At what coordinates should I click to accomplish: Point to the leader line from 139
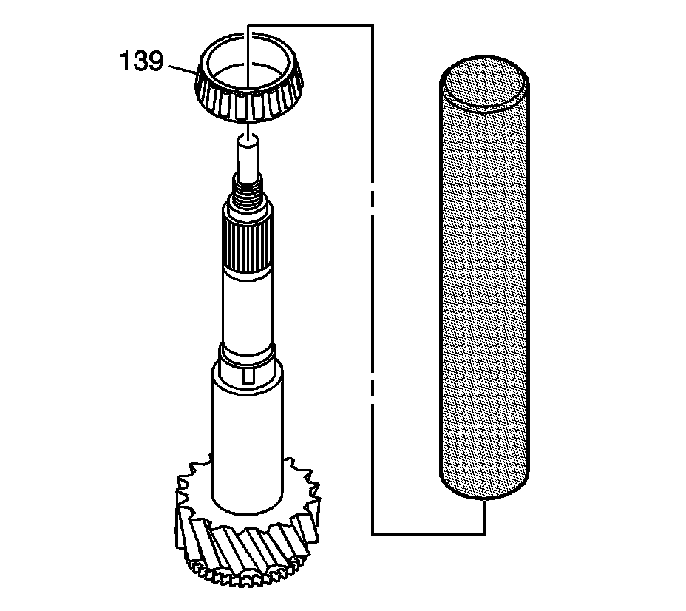(182, 68)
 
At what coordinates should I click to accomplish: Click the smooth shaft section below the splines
(248, 307)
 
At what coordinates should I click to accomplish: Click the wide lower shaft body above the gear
(248, 436)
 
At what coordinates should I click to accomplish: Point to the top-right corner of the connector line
(372, 26)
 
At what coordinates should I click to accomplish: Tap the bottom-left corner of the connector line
(372, 533)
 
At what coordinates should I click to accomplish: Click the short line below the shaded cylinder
(485, 516)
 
